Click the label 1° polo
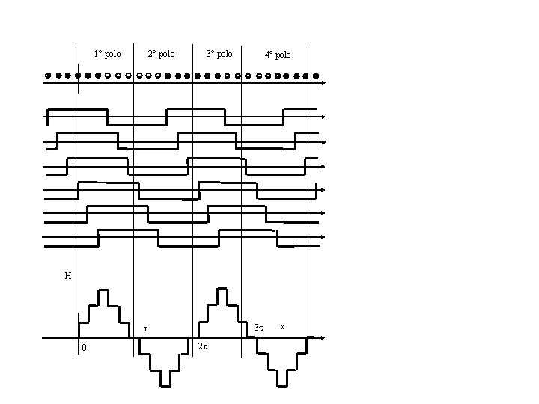point(107,54)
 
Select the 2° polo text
point(161,54)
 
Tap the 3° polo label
point(219,54)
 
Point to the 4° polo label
point(278,55)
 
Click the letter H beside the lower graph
point(67,276)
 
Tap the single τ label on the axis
point(146,328)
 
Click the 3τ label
point(258,328)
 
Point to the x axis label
point(281,325)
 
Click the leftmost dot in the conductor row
point(48,76)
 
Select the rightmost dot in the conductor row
point(316,76)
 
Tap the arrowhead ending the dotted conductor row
point(323,83)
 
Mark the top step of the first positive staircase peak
point(104,290)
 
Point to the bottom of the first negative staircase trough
point(164,385)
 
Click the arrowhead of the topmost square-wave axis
point(323,117)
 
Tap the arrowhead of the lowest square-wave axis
point(323,237)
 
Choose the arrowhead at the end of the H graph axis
point(323,338)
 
